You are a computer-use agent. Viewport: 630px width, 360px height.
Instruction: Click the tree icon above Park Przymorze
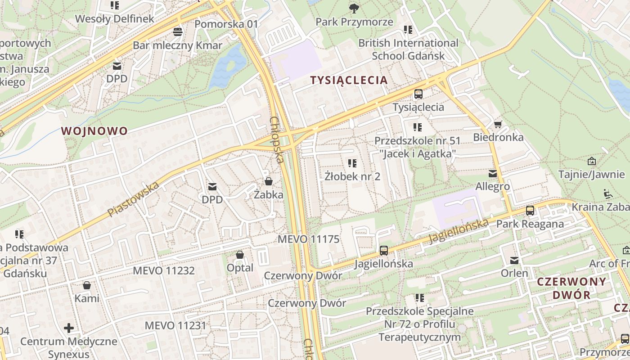(354, 8)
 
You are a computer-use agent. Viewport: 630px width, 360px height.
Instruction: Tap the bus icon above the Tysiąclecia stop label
(418, 94)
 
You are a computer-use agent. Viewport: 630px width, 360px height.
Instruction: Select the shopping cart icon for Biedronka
(498, 124)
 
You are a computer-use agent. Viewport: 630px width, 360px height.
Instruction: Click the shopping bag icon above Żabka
(269, 181)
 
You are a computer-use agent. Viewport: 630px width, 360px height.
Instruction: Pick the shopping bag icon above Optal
(240, 255)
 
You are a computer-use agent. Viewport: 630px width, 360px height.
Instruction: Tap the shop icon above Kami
(87, 285)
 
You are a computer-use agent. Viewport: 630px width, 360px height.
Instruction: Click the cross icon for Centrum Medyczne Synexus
(69, 328)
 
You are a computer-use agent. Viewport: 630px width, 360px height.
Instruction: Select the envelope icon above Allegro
(493, 173)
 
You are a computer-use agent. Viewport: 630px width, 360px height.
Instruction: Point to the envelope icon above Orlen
(514, 260)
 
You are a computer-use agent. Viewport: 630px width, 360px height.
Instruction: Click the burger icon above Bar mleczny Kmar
(178, 32)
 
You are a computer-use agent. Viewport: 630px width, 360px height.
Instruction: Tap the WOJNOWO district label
(94, 131)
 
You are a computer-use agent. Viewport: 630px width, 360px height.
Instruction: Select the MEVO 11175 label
(308, 239)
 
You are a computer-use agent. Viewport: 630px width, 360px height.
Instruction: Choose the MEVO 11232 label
(164, 270)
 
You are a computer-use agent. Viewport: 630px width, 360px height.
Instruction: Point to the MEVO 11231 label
(175, 325)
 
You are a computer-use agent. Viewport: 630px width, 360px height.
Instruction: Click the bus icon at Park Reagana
(530, 210)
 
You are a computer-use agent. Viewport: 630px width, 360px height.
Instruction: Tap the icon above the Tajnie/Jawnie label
(592, 161)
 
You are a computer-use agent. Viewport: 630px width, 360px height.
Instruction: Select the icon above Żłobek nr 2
(352, 163)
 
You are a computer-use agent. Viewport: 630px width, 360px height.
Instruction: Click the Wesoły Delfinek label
(115, 19)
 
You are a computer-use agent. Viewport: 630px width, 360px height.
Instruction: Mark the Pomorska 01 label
(227, 24)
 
